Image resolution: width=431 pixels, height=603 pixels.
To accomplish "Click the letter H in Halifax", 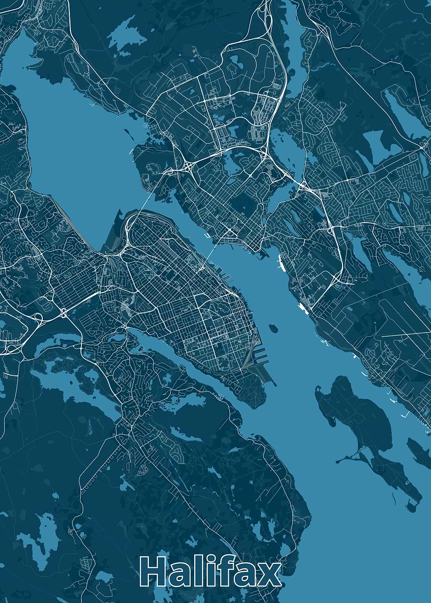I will (154, 572).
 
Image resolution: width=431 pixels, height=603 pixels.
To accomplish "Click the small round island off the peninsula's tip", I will (274, 329).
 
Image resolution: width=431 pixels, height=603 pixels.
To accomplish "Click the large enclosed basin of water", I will (70, 131).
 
